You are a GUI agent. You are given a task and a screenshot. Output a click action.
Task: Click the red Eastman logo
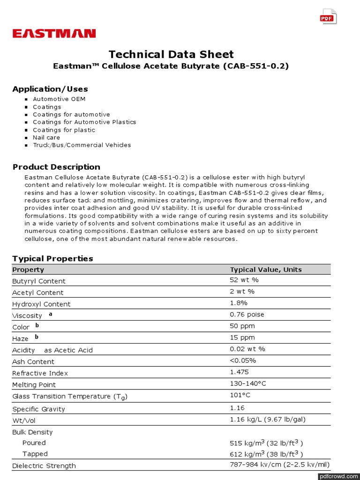[x=54, y=33]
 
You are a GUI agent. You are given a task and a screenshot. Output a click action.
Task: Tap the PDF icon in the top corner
[x=328, y=17]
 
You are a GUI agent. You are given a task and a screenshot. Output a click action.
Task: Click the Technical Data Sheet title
[x=171, y=54]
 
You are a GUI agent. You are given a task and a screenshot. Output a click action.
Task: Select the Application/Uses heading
[x=50, y=89]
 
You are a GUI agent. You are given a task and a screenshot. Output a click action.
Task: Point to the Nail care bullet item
[x=46, y=137]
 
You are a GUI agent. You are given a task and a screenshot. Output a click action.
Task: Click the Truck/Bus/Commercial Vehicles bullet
[x=82, y=145]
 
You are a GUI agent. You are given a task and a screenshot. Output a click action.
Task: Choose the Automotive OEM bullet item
[x=59, y=99]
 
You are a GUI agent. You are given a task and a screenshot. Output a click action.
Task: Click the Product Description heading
[x=56, y=167]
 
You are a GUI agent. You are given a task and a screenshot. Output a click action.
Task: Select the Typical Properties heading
[x=52, y=258]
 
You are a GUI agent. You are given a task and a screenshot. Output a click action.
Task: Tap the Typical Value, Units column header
[x=266, y=270]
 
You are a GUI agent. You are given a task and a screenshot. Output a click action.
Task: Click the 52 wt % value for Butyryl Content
[x=244, y=280]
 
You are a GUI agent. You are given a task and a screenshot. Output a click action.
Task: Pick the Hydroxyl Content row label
[x=41, y=304]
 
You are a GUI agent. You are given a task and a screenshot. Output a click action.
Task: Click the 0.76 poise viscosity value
[x=247, y=315]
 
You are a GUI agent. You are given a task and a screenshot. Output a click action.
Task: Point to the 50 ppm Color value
[x=242, y=326]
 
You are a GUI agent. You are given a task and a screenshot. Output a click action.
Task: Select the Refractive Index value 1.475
[x=240, y=372]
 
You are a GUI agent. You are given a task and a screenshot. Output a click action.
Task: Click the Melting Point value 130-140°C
[x=248, y=383]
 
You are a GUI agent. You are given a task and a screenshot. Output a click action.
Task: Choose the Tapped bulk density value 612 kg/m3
[x=266, y=454]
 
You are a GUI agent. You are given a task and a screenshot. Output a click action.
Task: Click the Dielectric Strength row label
[x=44, y=466]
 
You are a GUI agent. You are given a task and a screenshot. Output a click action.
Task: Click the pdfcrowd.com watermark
[x=338, y=476]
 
